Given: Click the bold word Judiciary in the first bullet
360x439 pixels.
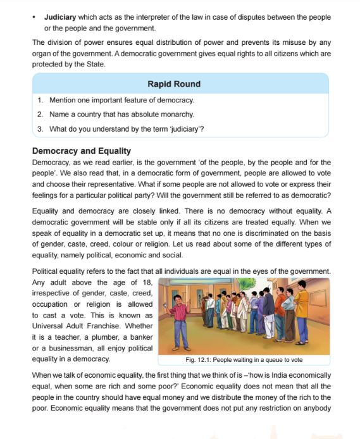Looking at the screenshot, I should coord(61,18).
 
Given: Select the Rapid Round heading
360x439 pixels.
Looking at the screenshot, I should coord(174,84).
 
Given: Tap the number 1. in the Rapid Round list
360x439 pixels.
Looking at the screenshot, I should coord(40,101).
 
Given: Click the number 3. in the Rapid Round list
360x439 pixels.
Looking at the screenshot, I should coord(40,129).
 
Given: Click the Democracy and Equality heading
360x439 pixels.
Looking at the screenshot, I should coord(81,151).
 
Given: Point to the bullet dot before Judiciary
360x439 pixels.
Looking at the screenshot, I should coord(35,18).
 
